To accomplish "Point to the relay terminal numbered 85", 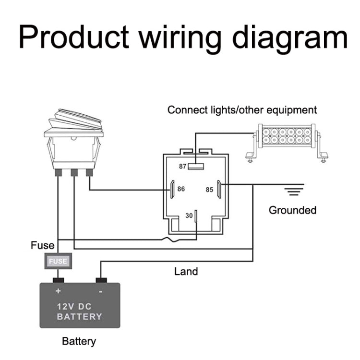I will (218, 189).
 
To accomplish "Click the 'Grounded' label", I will (292, 210).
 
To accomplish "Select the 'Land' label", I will (186, 272).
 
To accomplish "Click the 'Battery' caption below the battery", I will (79, 341).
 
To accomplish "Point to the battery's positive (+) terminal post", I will (59, 280).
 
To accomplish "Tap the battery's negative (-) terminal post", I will (101, 280).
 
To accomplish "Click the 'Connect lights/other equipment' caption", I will (242, 110).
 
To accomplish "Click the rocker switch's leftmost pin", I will (58, 172).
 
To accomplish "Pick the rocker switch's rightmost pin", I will (89, 172).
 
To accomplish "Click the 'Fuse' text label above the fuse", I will (43, 246).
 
